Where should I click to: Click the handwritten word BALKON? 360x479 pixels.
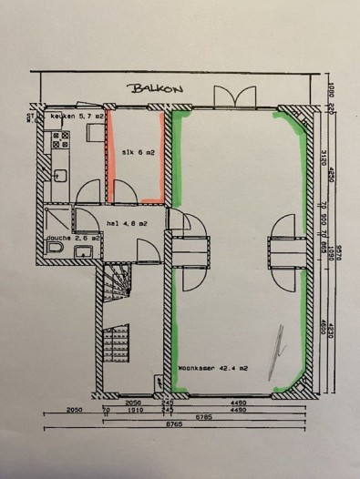[157, 88]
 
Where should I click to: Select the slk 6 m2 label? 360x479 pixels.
[139, 153]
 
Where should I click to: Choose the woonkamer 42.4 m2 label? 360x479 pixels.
[214, 369]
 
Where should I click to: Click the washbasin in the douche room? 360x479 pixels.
[83, 250]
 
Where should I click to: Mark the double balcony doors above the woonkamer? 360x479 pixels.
[224, 97]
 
